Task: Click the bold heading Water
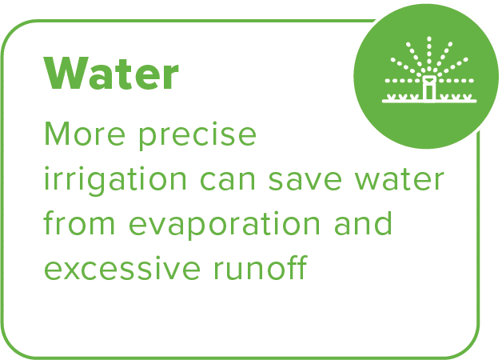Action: [x=111, y=74]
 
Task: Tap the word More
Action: [x=85, y=134]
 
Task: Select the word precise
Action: [x=197, y=136]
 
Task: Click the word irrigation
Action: [x=115, y=181]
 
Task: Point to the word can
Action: [x=227, y=181]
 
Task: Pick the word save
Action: [x=305, y=181]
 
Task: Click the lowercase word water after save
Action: [x=399, y=179]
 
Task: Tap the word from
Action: [x=79, y=222]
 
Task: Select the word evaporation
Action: [x=225, y=225]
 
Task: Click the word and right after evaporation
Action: [x=363, y=223]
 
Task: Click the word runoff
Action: [x=261, y=266]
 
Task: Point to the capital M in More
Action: [x=58, y=134]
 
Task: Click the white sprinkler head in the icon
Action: [x=429, y=87]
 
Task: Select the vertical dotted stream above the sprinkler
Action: [x=429, y=53]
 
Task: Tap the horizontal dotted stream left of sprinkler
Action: [x=403, y=81]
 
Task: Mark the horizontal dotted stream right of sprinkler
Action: [x=456, y=81]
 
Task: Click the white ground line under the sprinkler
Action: [x=429, y=102]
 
